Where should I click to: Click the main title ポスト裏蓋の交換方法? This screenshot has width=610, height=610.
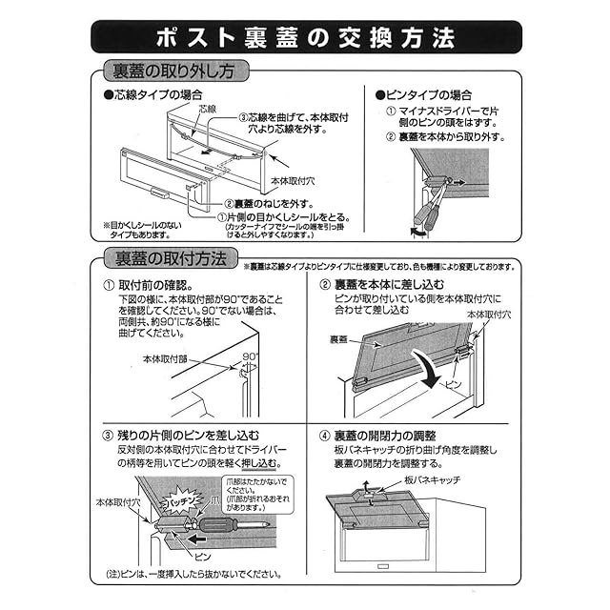coord(305,36)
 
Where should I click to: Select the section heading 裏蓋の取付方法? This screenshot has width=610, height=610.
coord(171,258)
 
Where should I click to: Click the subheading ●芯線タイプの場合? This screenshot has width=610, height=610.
coord(152,95)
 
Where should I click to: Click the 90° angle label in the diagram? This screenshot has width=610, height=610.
coord(252,356)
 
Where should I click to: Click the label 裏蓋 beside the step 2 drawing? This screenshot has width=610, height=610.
coord(339,338)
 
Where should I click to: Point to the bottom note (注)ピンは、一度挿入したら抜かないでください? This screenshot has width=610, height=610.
coord(192,575)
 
